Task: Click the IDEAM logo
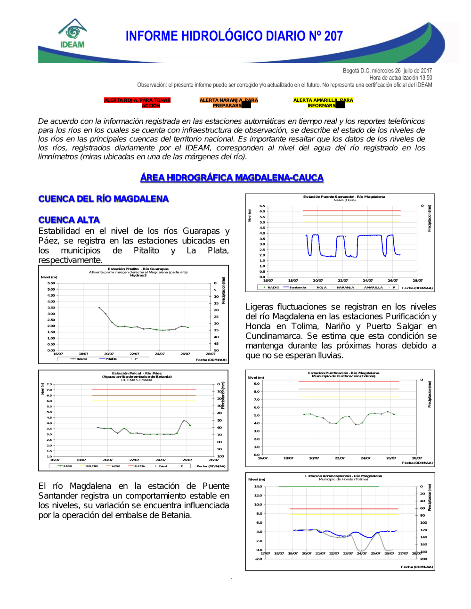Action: [x=73, y=34]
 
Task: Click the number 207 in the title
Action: [x=333, y=36]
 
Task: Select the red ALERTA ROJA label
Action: [x=137, y=103]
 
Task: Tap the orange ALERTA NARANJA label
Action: [x=228, y=103]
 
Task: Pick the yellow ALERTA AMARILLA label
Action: [x=323, y=103]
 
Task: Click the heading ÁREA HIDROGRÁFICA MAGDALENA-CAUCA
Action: [x=232, y=178]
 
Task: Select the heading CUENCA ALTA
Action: [x=69, y=220]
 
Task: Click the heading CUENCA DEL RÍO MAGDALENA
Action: [x=103, y=199]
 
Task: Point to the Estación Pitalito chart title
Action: [x=138, y=269]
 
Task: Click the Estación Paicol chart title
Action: [x=137, y=373]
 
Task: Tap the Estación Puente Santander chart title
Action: [x=344, y=196]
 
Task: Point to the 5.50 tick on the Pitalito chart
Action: [x=51, y=283]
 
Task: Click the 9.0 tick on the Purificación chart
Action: [x=257, y=383]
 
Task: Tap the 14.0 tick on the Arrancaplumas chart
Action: [x=258, y=486]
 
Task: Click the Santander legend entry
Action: [x=298, y=287]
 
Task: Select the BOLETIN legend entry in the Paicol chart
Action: [x=92, y=466]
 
